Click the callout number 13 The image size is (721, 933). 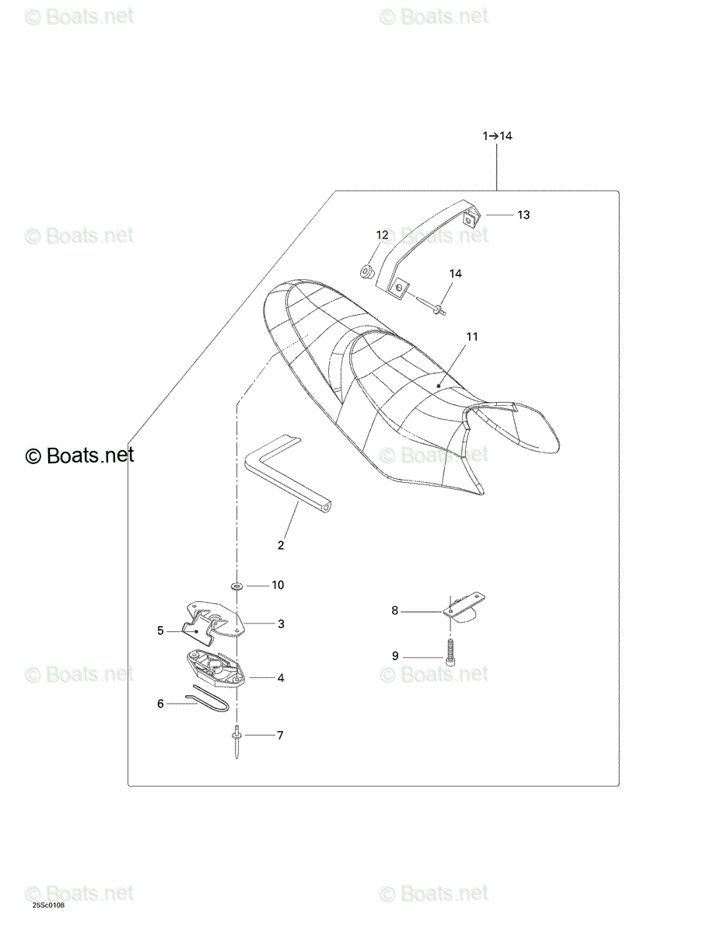523,215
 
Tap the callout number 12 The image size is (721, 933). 382,235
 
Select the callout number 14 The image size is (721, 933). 455,274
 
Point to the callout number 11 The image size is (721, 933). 472,337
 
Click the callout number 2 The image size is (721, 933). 281,545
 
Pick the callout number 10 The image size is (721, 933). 278,585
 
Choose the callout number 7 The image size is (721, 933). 280,736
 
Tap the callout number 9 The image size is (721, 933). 395,655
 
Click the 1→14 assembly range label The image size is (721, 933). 497,136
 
